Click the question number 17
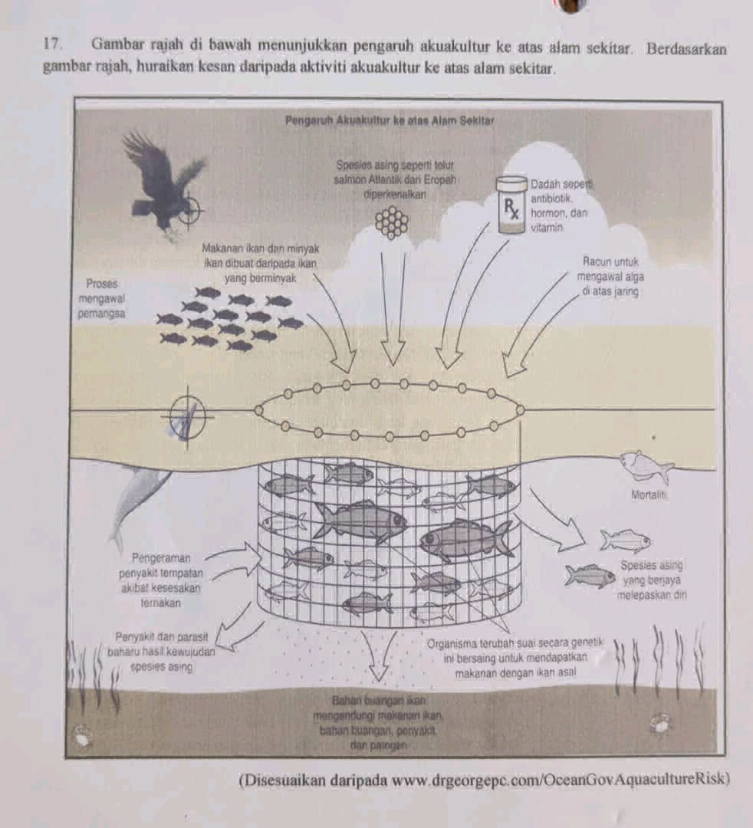point(52,44)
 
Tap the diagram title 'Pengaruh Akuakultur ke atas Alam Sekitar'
point(390,120)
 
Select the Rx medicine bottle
point(511,205)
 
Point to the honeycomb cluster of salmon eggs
point(391,222)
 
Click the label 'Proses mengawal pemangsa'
point(101,298)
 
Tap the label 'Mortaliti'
point(649,495)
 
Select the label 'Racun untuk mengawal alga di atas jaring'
point(610,276)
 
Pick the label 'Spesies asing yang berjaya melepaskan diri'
point(652,580)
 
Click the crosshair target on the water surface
point(187,416)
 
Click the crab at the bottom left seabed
point(82,734)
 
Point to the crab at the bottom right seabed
point(660,722)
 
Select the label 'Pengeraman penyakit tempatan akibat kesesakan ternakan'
point(160,580)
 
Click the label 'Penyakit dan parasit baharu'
point(161,644)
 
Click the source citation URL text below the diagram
point(485,780)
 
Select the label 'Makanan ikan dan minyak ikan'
point(260,255)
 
